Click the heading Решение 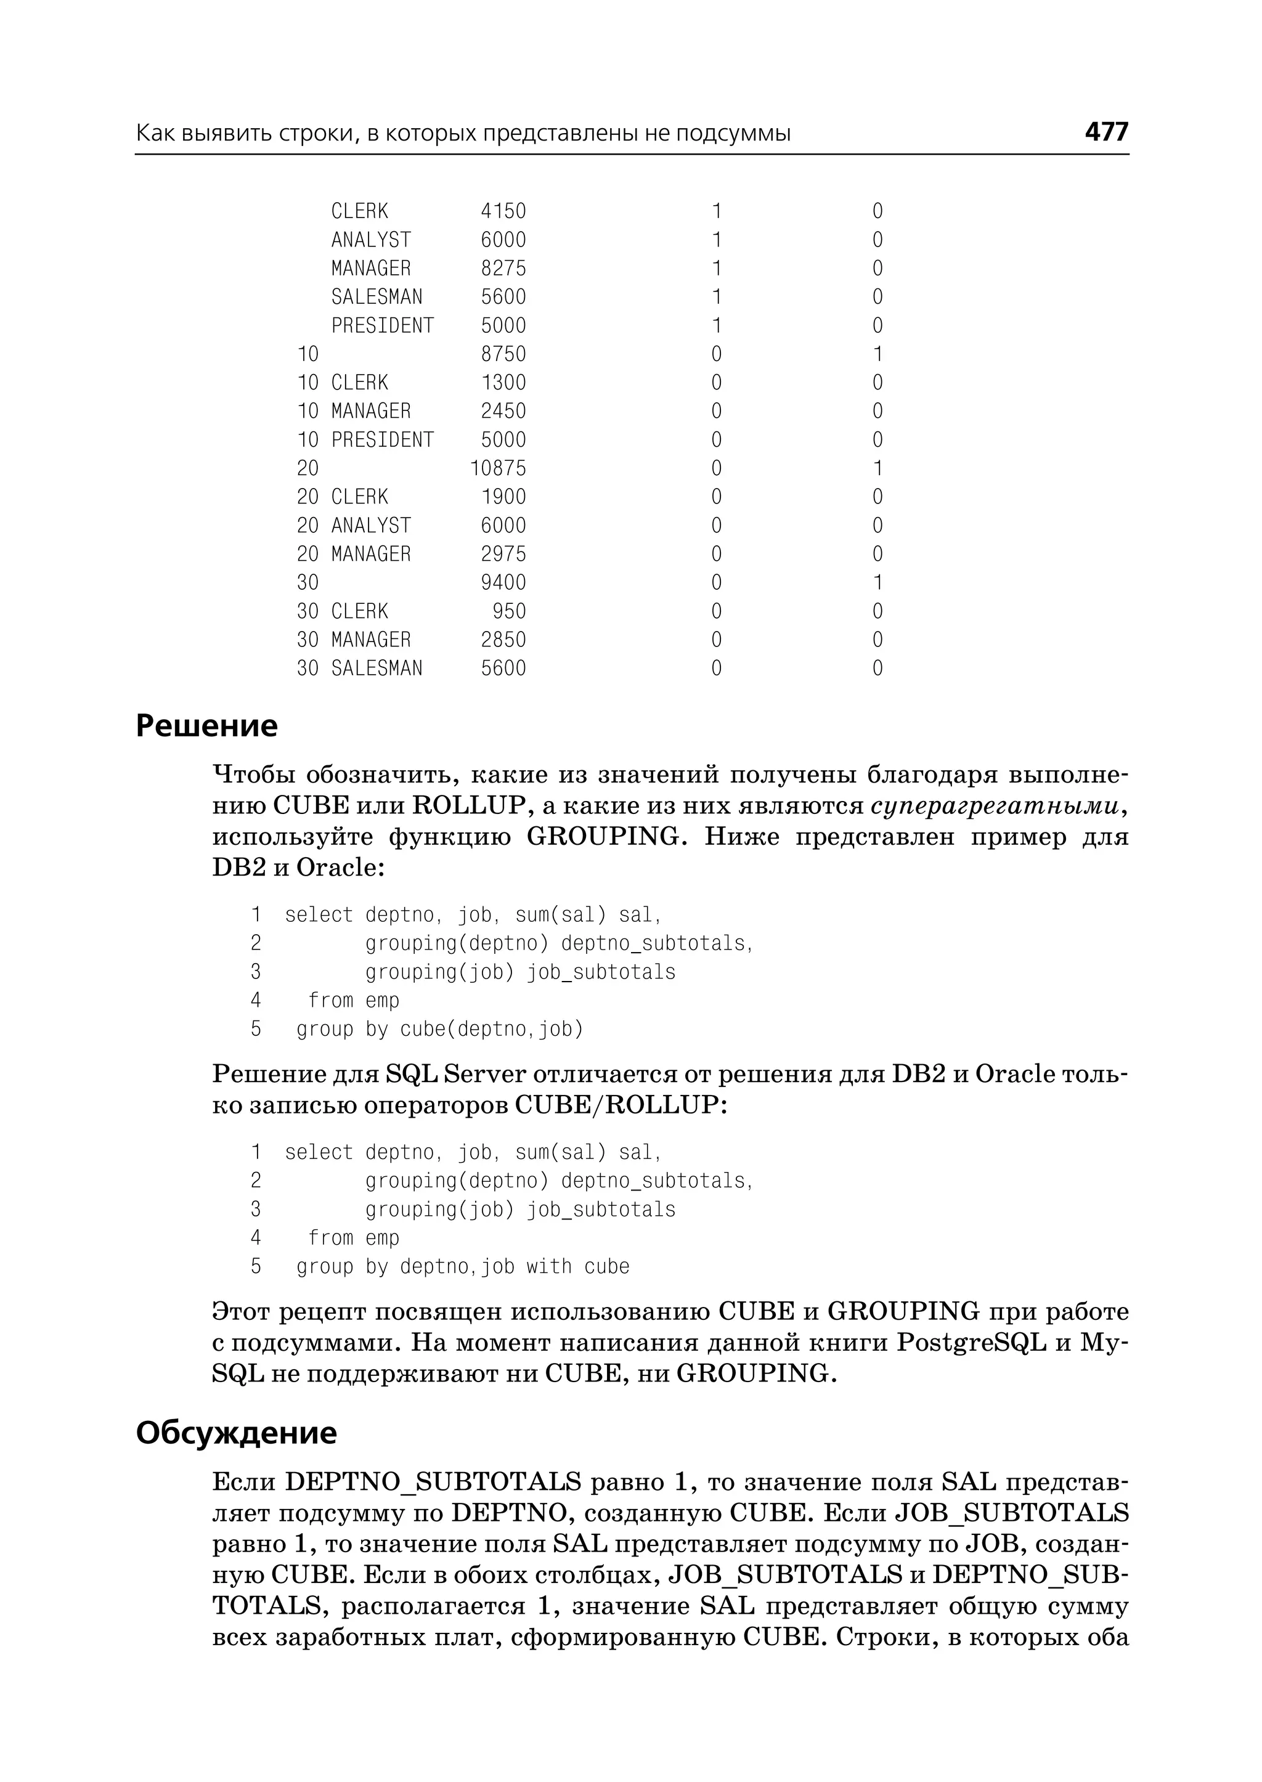(x=206, y=726)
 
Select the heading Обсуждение (x=236, y=1432)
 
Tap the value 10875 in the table (x=498, y=469)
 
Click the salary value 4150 (x=503, y=211)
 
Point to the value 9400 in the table (x=503, y=583)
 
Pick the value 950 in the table (x=509, y=612)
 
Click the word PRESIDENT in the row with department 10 (x=382, y=440)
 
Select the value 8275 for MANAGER (x=503, y=269)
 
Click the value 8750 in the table (x=503, y=354)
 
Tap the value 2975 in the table (x=503, y=554)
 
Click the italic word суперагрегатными (x=995, y=806)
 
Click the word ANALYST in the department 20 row (x=371, y=526)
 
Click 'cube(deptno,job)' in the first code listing (x=491, y=1030)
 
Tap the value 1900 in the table (x=503, y=497)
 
